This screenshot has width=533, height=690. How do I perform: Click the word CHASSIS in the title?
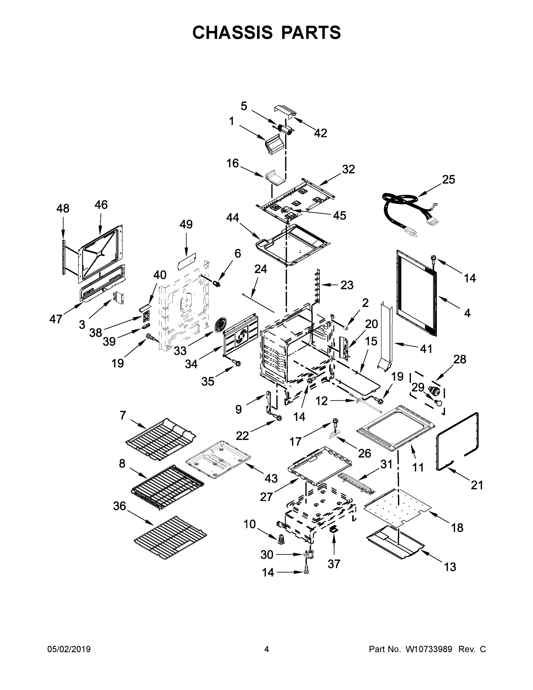click(x=232, y=32)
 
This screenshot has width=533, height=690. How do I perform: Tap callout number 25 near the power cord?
click(x=448, y=179)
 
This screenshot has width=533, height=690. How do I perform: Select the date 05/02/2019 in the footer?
click(x=69, y=649)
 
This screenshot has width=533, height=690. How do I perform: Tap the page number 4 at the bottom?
click(x=267, y=649)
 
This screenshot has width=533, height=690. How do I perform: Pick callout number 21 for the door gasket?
click(x=477, y=485)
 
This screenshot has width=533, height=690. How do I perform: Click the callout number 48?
click(x=63, y=208)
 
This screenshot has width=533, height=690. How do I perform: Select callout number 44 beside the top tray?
click(x=233, y=218)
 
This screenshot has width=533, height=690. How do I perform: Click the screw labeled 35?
click(x=236, y=363)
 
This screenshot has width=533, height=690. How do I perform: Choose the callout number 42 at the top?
click(x=320, y=133)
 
